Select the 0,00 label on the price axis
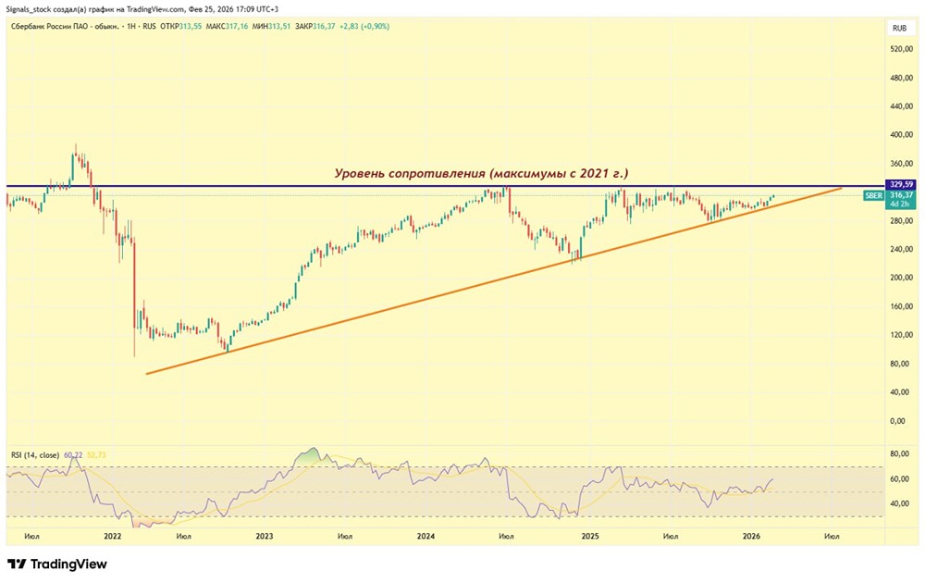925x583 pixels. (897, 421)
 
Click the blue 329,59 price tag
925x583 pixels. (900, 184)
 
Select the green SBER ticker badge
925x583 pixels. (873, 195)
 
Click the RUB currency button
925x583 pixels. (898, 28)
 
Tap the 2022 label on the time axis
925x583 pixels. (113, 536)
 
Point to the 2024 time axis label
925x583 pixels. (425, 536)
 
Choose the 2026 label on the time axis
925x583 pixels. (751, 536)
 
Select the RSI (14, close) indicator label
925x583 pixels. (35, 455)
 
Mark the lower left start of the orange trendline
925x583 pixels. (147, 374)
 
